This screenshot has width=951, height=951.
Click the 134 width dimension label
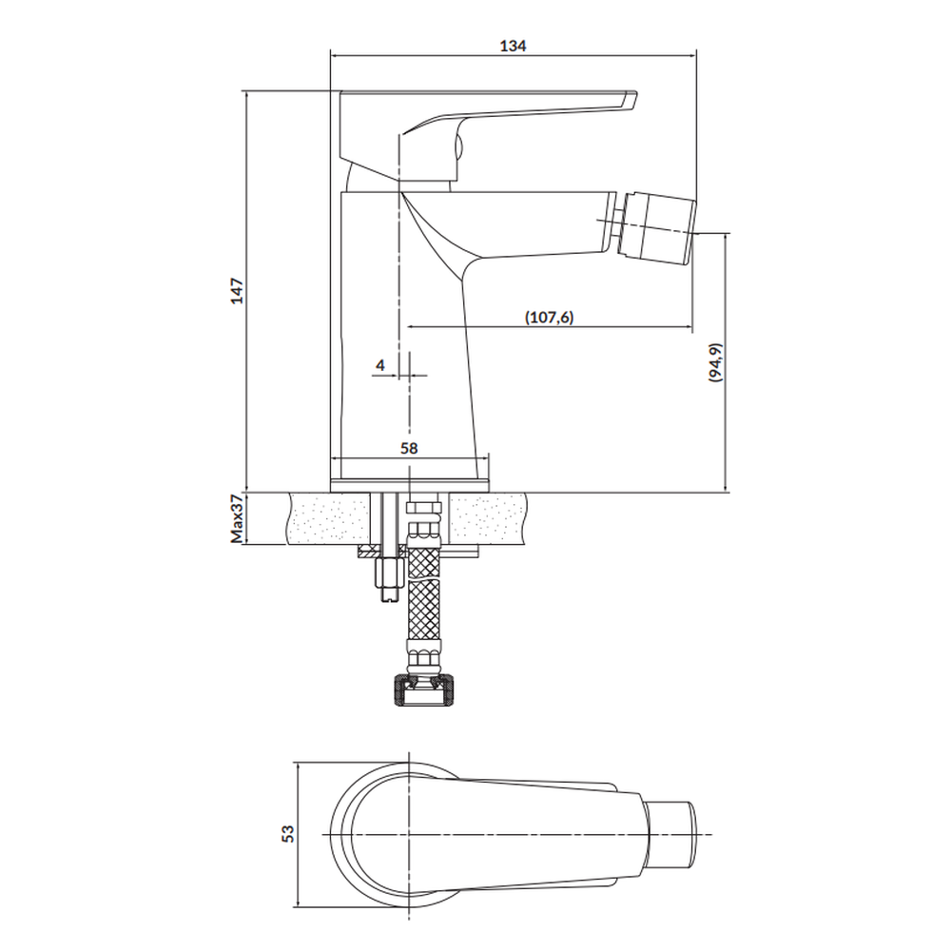513,46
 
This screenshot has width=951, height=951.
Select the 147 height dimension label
237,290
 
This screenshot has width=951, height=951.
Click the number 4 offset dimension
380,365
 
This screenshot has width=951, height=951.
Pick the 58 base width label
409,448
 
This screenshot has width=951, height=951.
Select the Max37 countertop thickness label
237,518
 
